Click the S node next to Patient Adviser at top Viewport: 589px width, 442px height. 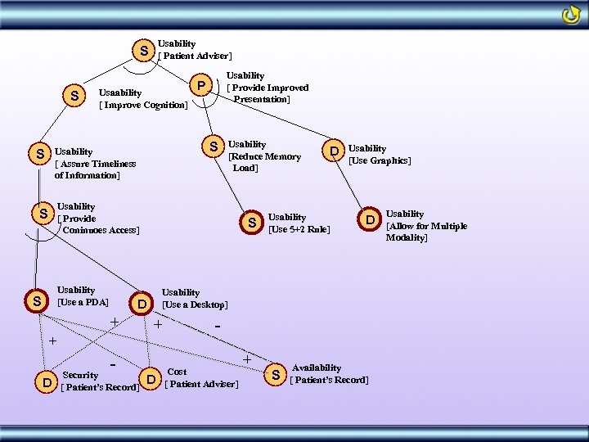144,51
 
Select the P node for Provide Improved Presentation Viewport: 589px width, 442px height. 199,84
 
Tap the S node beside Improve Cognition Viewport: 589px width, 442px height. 74,97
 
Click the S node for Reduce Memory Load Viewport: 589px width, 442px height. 213,147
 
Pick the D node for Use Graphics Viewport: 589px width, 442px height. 334,151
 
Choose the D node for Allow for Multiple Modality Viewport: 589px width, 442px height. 371,220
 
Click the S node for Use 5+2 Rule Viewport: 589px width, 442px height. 253,222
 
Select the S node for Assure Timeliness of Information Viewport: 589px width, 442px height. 36,154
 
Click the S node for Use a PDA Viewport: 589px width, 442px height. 36,301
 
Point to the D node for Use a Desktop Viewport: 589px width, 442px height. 142,304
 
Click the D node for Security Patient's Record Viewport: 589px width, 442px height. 47,382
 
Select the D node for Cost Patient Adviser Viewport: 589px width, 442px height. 151,378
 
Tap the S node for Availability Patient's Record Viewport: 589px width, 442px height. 276,375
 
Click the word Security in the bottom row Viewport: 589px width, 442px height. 80,376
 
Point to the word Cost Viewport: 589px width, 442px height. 177,372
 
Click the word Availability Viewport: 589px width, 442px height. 316,368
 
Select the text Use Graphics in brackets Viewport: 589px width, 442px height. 380,160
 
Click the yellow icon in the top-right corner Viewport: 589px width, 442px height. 570,15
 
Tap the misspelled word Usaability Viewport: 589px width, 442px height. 120,93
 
